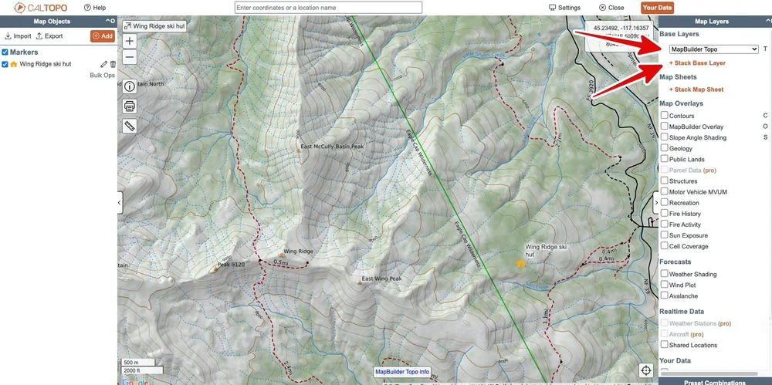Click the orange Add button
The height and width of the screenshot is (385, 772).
(x=102, y=35)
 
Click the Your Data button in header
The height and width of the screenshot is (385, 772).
(x=657, y=8)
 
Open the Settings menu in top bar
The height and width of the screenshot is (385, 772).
(x=564, y=8)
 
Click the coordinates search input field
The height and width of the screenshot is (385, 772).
(x=328, y=8)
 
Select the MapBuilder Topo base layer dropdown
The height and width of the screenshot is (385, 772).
(x=709, y=49)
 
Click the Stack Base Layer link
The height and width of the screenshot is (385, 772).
(x=697, y=62)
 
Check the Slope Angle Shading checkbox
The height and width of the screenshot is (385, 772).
(x=664, y=137)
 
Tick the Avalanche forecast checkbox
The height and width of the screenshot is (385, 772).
(x=664, y=296)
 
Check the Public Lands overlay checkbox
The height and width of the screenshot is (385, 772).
(x=664, y=159)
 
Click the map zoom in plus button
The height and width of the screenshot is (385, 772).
(x=130, y=41)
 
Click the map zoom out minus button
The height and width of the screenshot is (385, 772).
(x=130, y=56)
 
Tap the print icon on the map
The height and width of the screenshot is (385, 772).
(x=130, y=106)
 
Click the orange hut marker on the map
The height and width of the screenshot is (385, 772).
(x=521, y=263)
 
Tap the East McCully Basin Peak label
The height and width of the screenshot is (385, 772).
(x=331, y=146)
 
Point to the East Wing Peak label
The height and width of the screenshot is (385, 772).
(x=382, y=279)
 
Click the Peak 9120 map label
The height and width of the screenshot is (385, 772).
(x=231, y=265)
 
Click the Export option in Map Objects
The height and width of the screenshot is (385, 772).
(x=49, y=36)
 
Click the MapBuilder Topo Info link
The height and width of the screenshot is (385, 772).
(x=401, y=372)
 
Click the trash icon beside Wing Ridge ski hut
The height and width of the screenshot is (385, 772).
(x=113, y=64)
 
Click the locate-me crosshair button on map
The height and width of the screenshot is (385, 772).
(x=645, y=370)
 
